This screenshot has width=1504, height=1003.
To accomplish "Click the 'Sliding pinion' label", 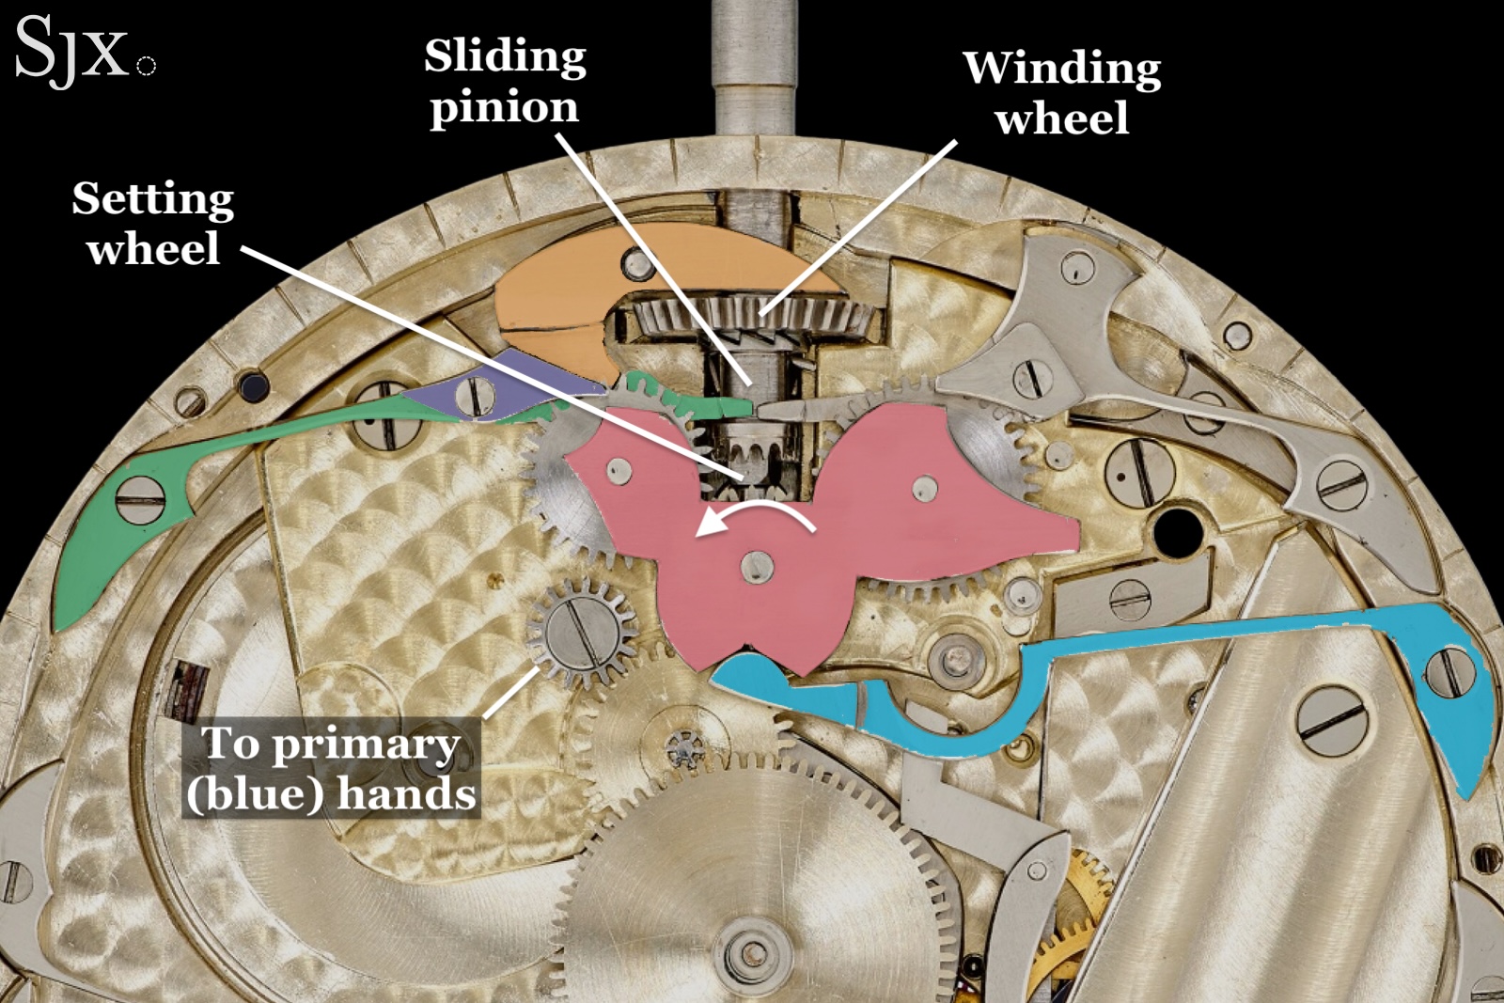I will (505, 82).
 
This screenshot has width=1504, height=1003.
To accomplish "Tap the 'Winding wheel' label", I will (1061, 93).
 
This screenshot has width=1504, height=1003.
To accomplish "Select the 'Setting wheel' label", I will (153, 224).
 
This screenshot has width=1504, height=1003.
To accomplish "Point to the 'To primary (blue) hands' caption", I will (331, 768).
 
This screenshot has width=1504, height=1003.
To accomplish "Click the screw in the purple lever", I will (475, 394).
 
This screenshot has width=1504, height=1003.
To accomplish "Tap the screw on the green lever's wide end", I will (140, 498).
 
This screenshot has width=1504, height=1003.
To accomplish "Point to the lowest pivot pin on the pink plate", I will (757, 566).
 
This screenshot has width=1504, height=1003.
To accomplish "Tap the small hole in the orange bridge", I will (638, 266).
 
